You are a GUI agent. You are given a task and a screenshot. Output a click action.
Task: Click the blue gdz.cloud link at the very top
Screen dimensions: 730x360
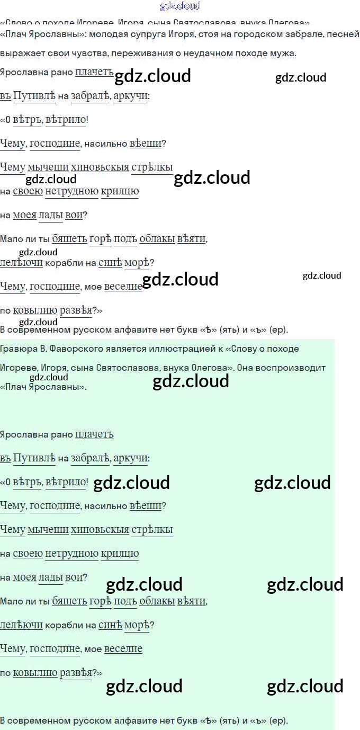pyautogui.click(x=180, y=6)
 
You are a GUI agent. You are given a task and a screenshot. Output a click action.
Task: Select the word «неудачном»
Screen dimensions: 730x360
pyautogui.click(x=201, y=54)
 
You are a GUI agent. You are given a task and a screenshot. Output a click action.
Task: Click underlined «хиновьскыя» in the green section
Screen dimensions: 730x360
pyautogui.click(x=100, y=530)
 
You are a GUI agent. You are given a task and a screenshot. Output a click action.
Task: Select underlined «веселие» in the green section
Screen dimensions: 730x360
pyautogui.click(x=123, y=649)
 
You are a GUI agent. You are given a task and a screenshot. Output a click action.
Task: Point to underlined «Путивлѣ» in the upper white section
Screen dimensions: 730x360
pyautogui.click(x=34, y=96)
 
